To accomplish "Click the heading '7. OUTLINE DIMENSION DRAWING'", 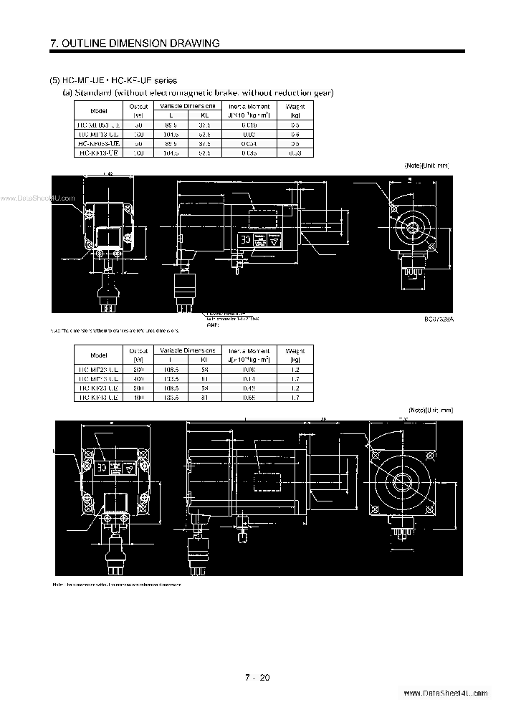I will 135,44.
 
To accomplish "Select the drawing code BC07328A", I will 438,320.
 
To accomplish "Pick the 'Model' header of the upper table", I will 100,111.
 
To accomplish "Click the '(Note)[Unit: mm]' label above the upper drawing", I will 427,165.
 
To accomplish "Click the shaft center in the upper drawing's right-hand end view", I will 413,229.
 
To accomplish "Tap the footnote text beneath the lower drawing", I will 115,585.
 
